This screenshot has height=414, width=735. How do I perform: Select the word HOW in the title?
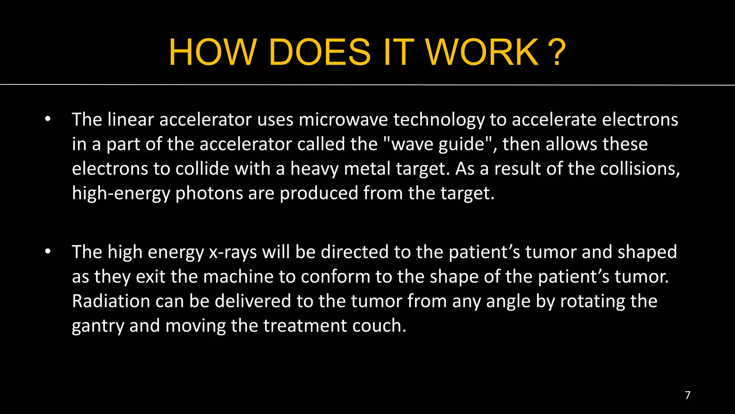(x=213, y=52)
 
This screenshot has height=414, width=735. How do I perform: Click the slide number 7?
(x=688, y=395)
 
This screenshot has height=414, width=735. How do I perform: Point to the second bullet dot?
(x=48, y=252)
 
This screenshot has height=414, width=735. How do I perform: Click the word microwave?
(x=343, y=120)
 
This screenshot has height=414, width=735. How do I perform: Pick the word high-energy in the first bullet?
(x=121, y=194)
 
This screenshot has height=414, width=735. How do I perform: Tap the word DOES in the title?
(x=319, y=52)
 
